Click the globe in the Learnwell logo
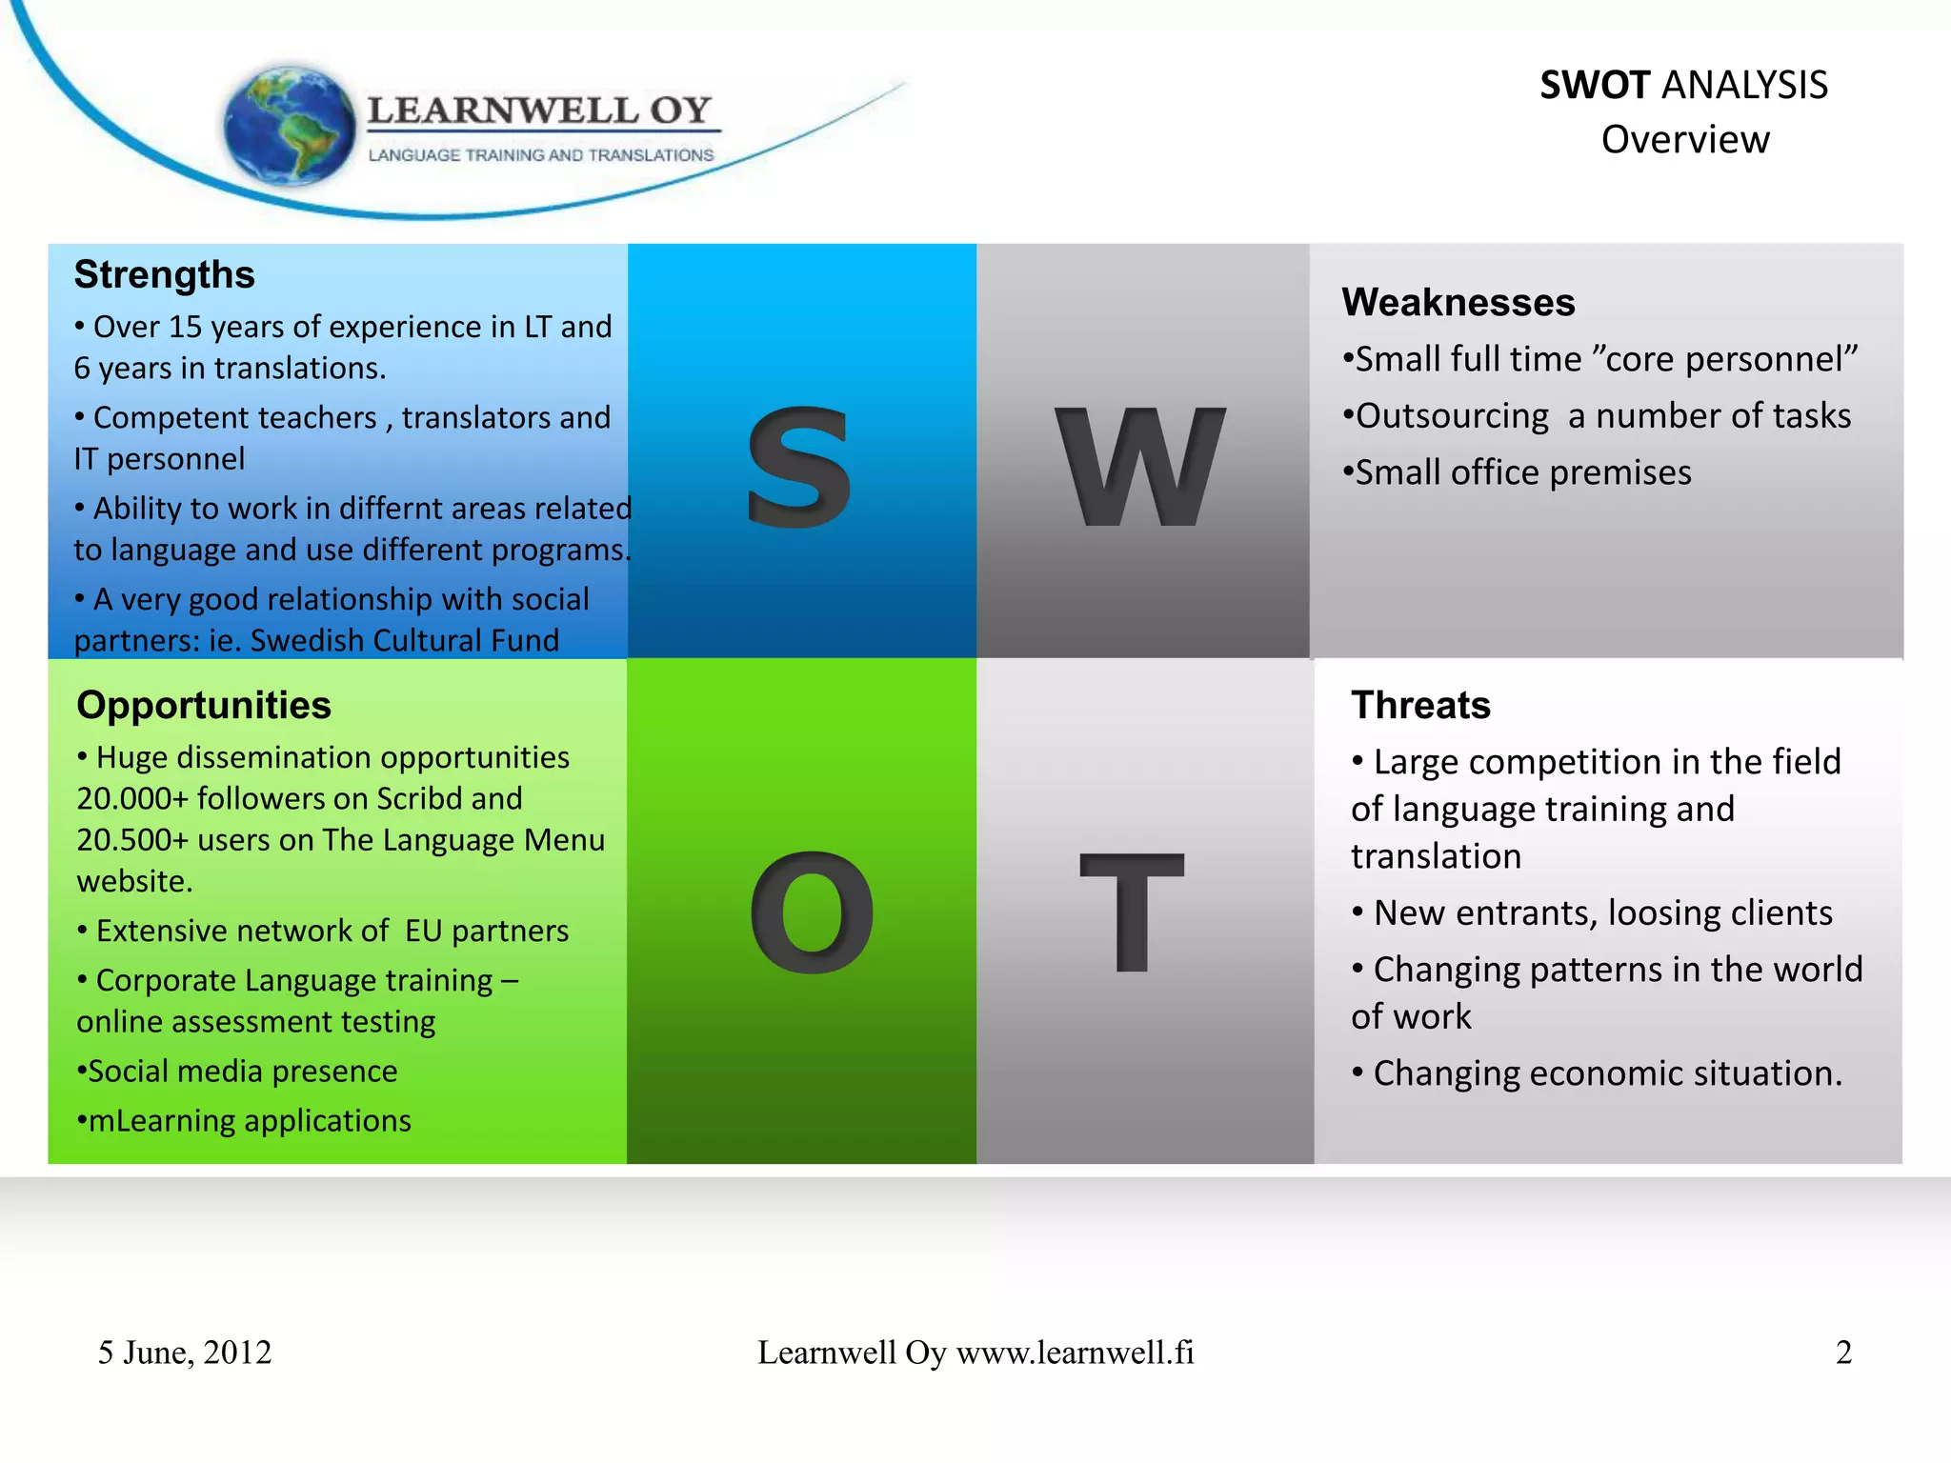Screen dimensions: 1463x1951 click(288, 124)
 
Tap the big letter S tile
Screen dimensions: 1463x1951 click(799, 466)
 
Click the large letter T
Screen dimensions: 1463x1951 click(1132, 912)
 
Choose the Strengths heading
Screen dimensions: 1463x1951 click(165, 274)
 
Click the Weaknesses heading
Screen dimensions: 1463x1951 click(1458, 303)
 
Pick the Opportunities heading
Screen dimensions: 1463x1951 click(204, 706)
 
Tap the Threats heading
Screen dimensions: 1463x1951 click(1420, 706)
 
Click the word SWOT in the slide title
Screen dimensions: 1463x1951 click(1595, 86)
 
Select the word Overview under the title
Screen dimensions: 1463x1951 click(1684, 140)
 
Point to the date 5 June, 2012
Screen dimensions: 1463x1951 click(185, 1353)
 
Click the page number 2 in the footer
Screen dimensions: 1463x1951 click(1843, 1353)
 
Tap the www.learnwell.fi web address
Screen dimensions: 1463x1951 click(1075, 1353)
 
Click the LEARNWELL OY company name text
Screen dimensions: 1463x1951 click(539, 110)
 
